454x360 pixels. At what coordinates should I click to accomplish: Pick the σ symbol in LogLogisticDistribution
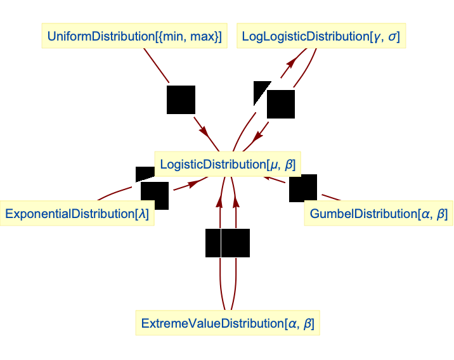coord(393,37)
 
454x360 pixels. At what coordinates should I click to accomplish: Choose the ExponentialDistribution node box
coord(77,214)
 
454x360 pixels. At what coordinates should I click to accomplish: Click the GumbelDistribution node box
coord(378,214)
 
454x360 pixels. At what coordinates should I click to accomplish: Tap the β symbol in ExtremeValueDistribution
coord(308,323)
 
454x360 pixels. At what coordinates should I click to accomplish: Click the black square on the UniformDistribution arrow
coord(181,100)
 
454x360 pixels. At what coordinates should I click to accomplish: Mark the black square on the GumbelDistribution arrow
coord(303,188)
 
